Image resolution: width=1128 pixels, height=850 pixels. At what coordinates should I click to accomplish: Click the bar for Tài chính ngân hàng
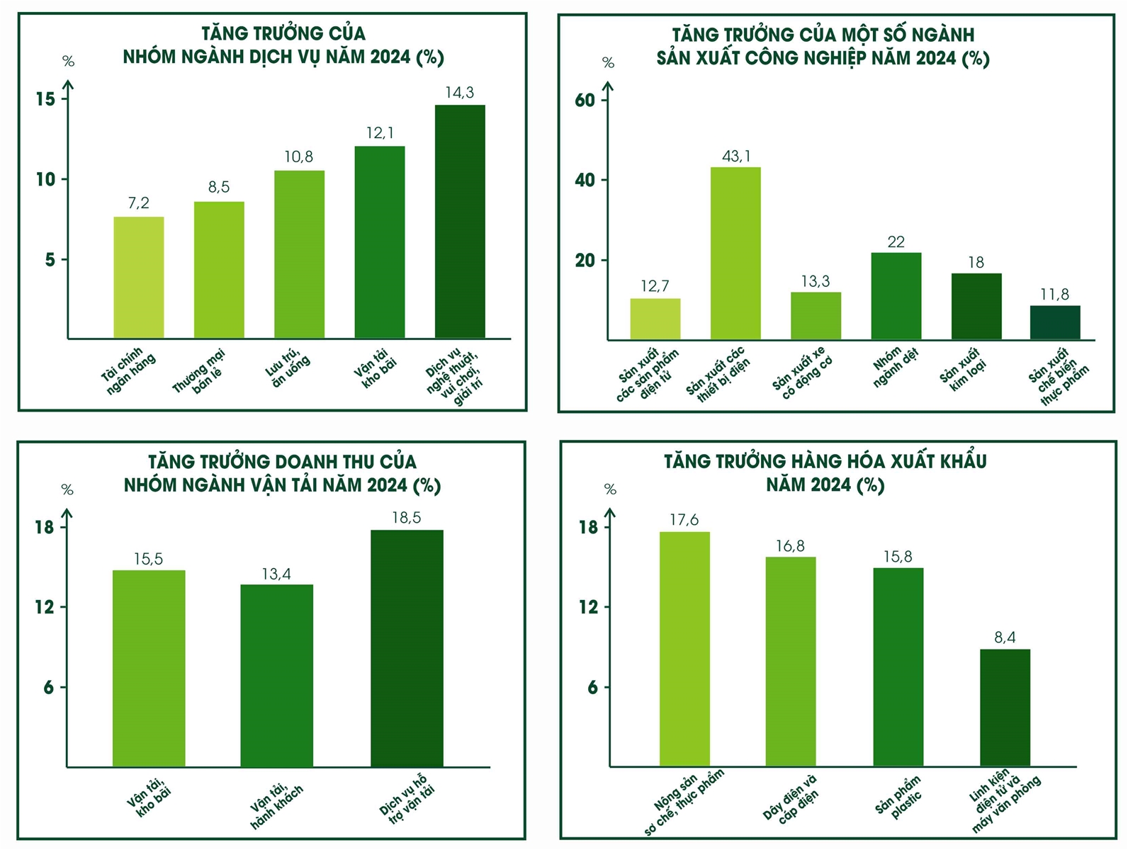coord(139,278)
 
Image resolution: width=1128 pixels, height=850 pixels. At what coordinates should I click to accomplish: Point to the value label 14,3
coord(459,93)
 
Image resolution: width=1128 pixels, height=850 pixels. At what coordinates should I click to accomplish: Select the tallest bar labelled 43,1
coord(735,254)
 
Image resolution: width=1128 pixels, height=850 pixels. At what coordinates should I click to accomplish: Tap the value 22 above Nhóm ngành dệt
coord(896,242)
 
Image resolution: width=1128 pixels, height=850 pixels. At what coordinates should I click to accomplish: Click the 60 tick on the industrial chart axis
coord(585,100)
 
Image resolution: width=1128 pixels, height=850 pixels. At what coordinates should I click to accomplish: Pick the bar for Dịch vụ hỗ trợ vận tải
coord(407,648)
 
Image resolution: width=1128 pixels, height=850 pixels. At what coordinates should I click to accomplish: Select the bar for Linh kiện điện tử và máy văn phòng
coord(1005,708)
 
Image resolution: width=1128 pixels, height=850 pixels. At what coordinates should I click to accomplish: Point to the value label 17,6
coord(684,521)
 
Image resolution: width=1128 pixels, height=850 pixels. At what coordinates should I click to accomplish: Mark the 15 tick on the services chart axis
coord(45,99)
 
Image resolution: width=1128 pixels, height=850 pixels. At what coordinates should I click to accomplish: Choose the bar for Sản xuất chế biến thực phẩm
coord(1054,323)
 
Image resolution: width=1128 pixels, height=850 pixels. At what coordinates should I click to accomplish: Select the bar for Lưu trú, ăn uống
coord(299,255)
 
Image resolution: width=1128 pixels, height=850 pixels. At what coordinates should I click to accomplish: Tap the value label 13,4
coord(276,574)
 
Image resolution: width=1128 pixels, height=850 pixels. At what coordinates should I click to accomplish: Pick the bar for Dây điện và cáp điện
coord(790,662)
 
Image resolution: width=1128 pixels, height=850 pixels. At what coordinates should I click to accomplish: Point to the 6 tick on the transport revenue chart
coord(49,688)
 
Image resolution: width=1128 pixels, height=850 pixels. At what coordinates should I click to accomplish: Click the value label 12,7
coord(655,286)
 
